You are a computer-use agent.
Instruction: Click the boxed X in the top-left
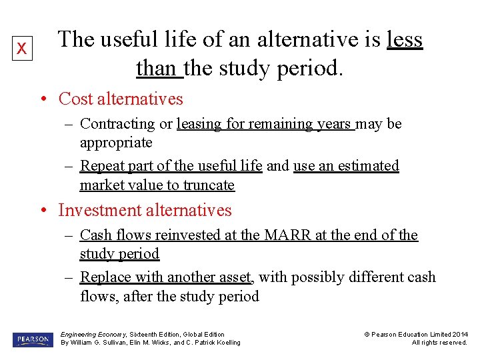coord(22,49)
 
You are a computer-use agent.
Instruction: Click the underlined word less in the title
coord(404,40)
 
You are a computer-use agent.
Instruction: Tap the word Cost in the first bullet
coord(75,99)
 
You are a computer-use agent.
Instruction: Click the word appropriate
coord(116,143)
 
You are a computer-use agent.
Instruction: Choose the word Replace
coord(105,277)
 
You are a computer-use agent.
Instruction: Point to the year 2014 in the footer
coord(460,334)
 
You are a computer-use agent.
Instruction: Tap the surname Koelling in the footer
coord(225,343)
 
